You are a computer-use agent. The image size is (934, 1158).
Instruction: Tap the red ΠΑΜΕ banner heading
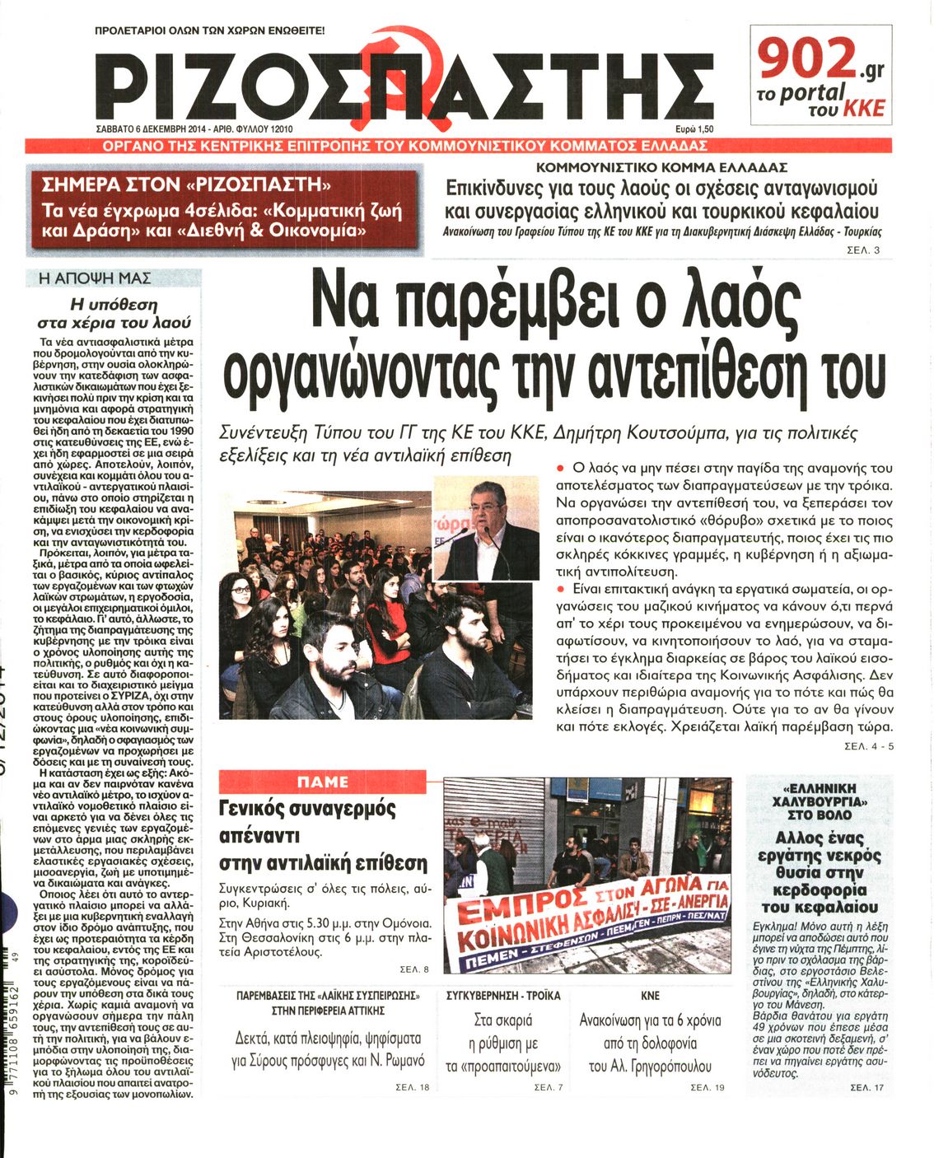(322, 782)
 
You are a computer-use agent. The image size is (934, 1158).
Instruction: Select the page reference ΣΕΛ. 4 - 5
(869, 746)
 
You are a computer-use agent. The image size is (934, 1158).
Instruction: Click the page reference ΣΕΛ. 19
(707, 1088)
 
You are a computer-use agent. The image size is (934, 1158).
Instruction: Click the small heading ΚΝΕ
(650, 996)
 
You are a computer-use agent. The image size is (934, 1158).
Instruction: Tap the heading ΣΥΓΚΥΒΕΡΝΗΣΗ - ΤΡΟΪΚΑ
(503, 996)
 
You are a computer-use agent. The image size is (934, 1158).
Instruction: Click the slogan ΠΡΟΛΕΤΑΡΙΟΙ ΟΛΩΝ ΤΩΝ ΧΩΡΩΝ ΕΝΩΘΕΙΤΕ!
(210, 31)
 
